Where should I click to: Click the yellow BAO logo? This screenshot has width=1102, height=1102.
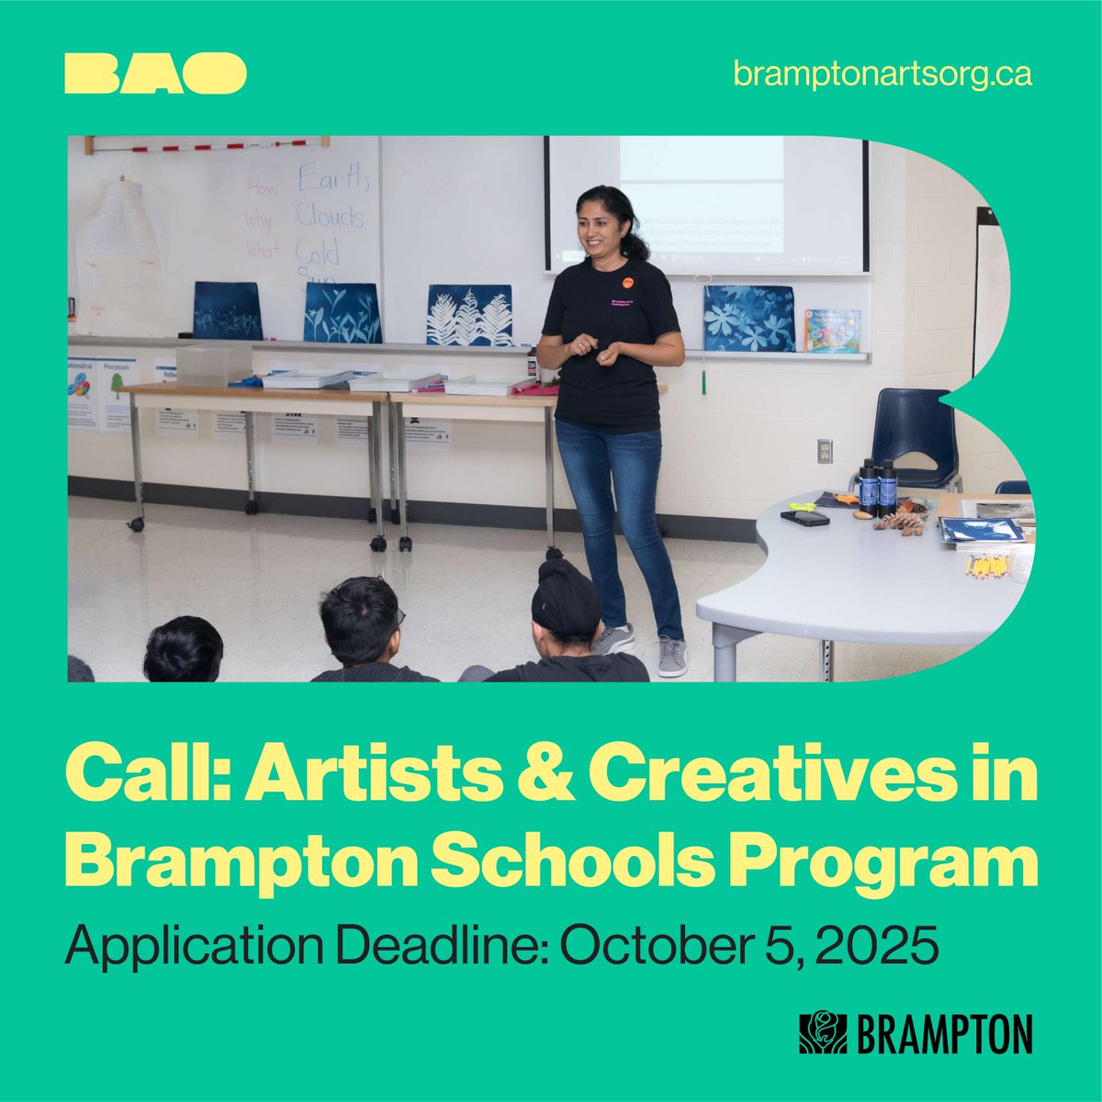155,73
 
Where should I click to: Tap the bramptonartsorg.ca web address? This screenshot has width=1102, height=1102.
882,74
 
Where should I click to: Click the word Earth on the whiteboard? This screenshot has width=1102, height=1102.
332,177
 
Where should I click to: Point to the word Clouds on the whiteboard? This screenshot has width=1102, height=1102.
330,217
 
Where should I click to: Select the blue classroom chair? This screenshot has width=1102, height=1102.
914,432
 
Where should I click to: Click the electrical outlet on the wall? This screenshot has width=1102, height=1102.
824,450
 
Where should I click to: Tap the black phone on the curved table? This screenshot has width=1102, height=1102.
805,518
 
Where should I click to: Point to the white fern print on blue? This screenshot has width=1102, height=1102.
469,315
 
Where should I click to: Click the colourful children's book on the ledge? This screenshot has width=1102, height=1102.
832,331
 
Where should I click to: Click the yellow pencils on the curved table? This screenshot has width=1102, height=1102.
988,564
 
